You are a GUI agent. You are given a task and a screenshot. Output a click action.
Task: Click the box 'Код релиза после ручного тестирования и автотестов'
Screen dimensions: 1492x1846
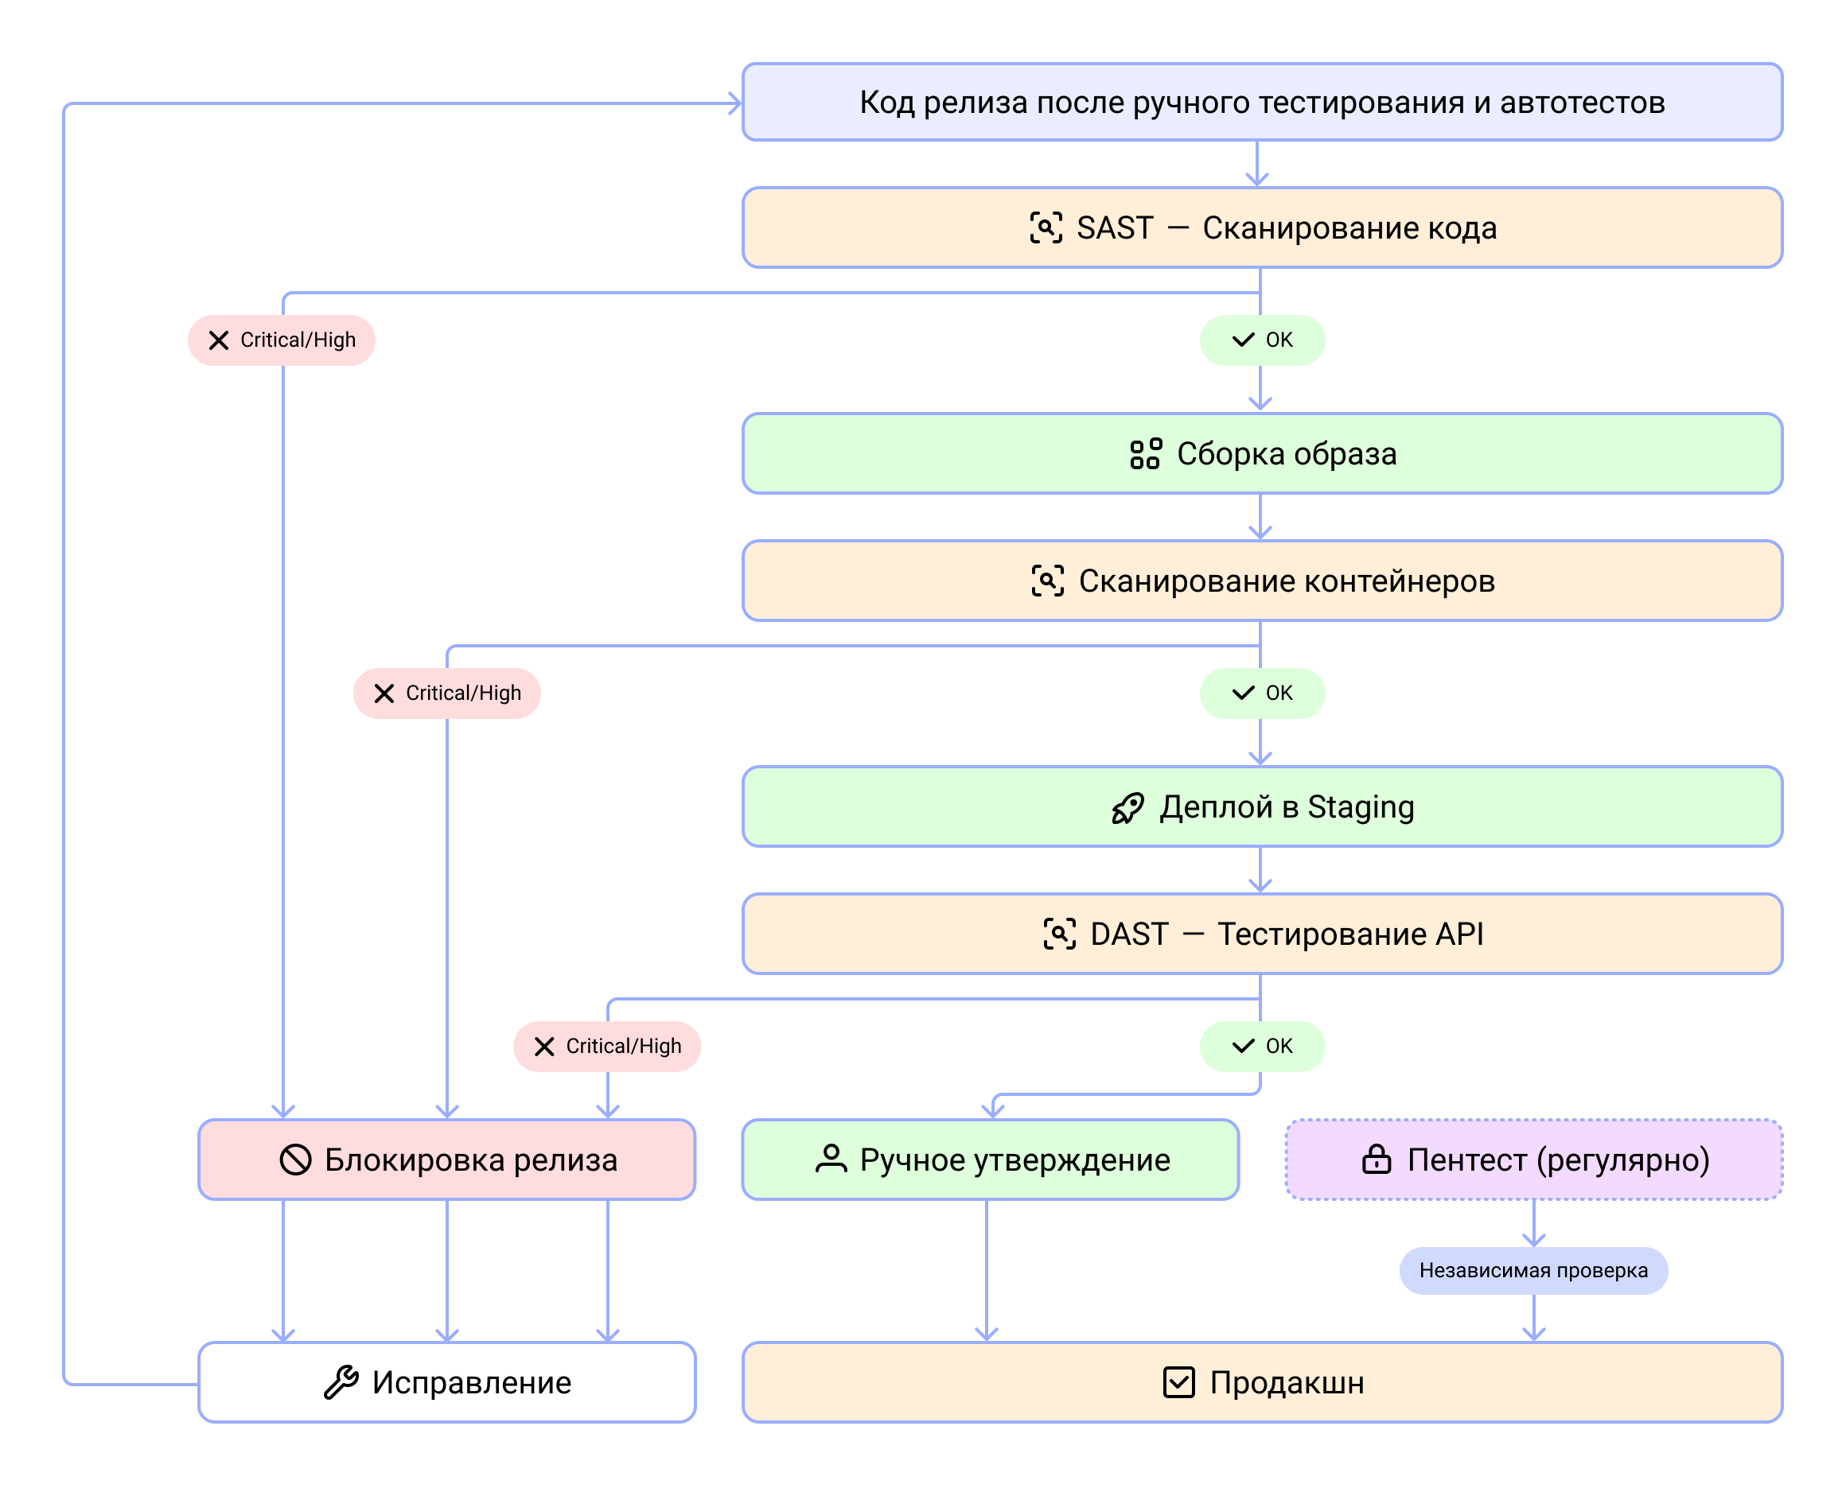tap(1261, 103)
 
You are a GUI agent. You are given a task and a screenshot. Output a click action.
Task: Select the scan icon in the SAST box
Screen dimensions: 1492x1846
tap(1046, 227)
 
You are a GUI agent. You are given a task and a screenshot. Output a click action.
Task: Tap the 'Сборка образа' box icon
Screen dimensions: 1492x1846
tap(1145, 454)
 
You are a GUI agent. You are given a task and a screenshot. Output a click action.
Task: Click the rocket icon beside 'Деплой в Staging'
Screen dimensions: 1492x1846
tap(1127, 808)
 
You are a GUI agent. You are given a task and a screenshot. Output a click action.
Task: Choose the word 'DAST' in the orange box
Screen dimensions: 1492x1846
tap(1129, 934)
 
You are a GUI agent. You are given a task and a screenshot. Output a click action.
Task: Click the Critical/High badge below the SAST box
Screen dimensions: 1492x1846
tap(281, 340)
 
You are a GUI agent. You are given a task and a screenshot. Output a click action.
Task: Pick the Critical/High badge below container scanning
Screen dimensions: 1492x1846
tap(446, 694)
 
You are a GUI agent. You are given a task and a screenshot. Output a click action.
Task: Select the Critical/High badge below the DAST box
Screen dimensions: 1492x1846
tap(607, 1046)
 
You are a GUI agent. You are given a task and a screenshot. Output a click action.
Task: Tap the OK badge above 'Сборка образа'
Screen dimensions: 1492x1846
tap(1261, 340)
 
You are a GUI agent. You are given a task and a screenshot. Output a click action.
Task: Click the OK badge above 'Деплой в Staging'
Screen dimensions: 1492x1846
tap(1261, 694)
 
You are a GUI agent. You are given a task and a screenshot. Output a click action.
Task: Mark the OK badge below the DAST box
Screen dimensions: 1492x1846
tap(1261, 1046)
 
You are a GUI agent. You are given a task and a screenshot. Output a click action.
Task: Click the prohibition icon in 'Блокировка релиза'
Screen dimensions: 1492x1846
tap(295, 1160)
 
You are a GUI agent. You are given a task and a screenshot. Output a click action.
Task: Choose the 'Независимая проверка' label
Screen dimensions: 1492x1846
tap(1533, 1270)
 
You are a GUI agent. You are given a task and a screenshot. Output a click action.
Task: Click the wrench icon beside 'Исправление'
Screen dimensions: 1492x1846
tap(341, 1382)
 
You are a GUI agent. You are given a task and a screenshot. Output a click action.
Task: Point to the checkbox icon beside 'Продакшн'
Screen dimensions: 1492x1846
tap(1178, 1382)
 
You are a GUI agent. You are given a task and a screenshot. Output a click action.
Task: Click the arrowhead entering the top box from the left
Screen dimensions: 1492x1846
tap(735, 104)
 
